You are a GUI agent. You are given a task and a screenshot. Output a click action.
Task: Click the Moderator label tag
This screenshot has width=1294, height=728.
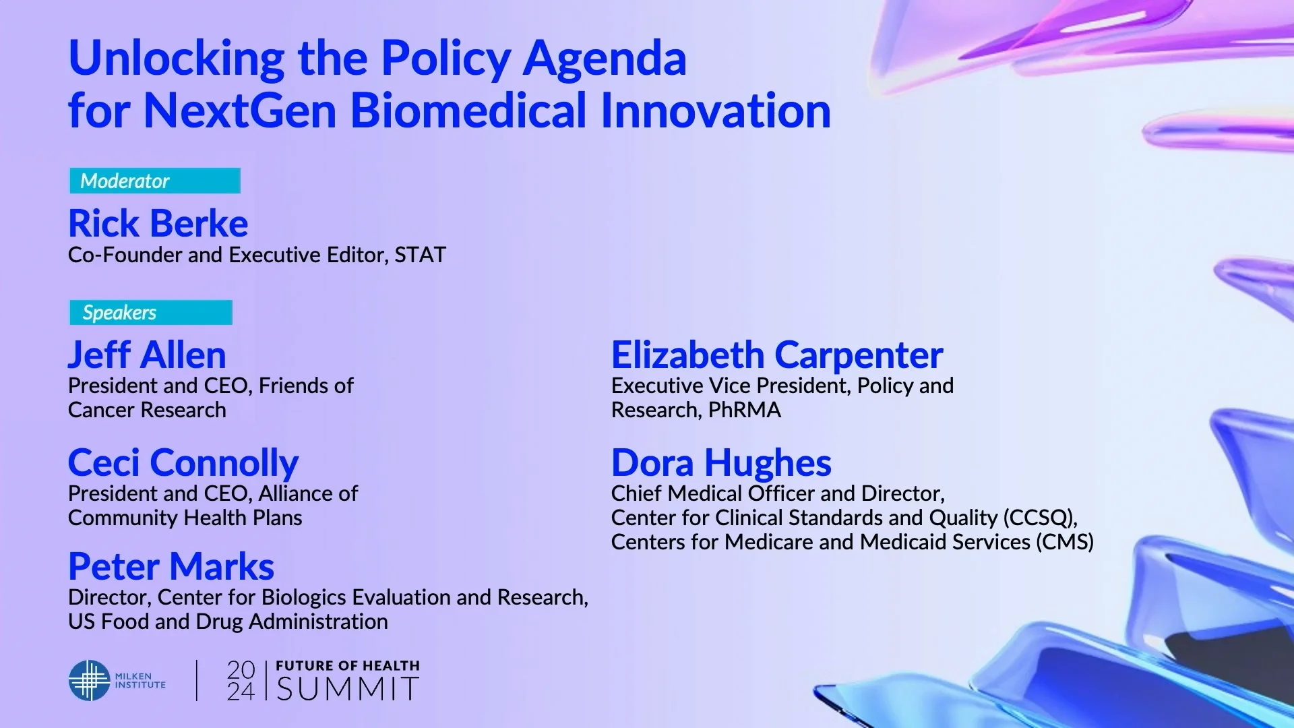pos(154,181)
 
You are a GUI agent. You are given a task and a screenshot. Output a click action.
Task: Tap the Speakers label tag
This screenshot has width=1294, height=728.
pos(150,313)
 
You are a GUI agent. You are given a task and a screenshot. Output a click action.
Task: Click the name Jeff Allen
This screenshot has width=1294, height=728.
pos(147,355)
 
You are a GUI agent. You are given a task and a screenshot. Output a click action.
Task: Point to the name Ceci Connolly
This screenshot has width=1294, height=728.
pos(183,462)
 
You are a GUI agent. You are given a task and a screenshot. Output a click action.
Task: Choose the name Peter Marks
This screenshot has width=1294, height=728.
pos(171,566)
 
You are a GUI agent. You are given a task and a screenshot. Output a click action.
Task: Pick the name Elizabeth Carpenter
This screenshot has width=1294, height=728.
pos(777,355)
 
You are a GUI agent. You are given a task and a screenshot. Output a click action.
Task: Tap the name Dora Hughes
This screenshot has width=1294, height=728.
pos(721,462)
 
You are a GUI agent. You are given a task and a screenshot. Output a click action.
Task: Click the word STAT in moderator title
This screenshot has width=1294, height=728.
pos(421,255)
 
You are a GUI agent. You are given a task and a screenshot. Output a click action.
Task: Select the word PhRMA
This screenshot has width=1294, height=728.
pos(744,410)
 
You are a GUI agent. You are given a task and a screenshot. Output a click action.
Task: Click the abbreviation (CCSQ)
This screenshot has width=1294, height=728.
pos(1039,518)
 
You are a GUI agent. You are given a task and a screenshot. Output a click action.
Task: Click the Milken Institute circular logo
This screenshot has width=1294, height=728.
pos(89,680)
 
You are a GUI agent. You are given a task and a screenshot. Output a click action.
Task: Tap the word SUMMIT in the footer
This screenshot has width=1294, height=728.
pos(348,689)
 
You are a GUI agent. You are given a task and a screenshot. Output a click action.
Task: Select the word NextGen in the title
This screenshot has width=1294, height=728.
pos(240,111)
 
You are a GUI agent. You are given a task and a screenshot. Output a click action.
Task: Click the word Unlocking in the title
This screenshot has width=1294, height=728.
pos(177,58)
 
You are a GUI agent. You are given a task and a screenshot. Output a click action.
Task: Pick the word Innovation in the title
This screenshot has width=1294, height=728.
pos(715,111)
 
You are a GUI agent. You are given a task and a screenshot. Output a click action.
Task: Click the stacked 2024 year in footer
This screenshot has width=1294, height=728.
pos(241,680)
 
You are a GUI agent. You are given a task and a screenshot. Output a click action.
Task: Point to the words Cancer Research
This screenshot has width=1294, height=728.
pos(147,410)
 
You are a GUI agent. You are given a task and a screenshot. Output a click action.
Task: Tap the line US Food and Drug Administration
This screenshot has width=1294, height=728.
pos(228,621)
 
